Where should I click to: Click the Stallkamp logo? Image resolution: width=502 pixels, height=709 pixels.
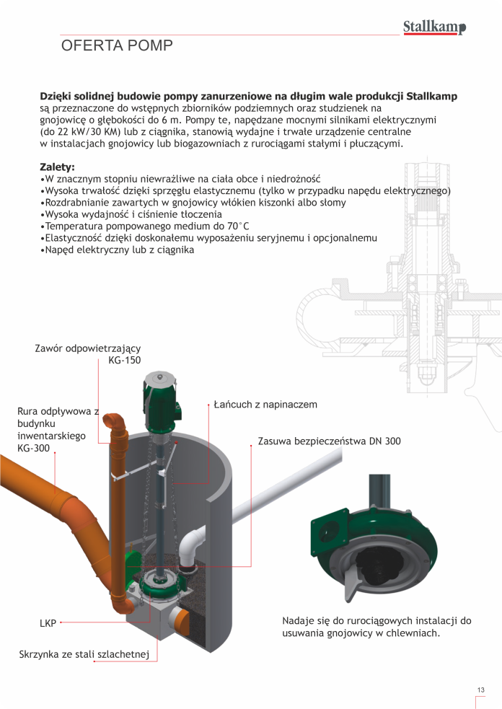(x=434, y=27)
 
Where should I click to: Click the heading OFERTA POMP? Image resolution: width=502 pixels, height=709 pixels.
(x=117, y=45)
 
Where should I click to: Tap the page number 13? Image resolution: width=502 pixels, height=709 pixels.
(x=481, y=690)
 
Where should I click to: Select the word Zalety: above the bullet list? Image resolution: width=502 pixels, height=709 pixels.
(x=58, y=167)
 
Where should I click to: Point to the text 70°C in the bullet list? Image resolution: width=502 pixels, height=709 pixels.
(x=237, y=226)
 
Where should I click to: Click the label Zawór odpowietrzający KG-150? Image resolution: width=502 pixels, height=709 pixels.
(x=88, y=354)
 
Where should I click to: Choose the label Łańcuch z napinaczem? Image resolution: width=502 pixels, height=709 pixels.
(x=265, y=404)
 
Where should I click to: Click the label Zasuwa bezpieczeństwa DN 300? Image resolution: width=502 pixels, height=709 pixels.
(x=329, y=441)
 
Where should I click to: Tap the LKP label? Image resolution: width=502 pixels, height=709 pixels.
(x=48, y=623)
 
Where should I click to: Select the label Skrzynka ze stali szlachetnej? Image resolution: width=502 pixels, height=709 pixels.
(x=84, y=654)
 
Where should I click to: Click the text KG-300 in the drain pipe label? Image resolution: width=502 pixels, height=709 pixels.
(x=33, y=448)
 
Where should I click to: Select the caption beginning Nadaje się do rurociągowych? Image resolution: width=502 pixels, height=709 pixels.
(x=376, y=627)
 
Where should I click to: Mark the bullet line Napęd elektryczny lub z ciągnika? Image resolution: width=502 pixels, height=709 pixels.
(x=117, y=250)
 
